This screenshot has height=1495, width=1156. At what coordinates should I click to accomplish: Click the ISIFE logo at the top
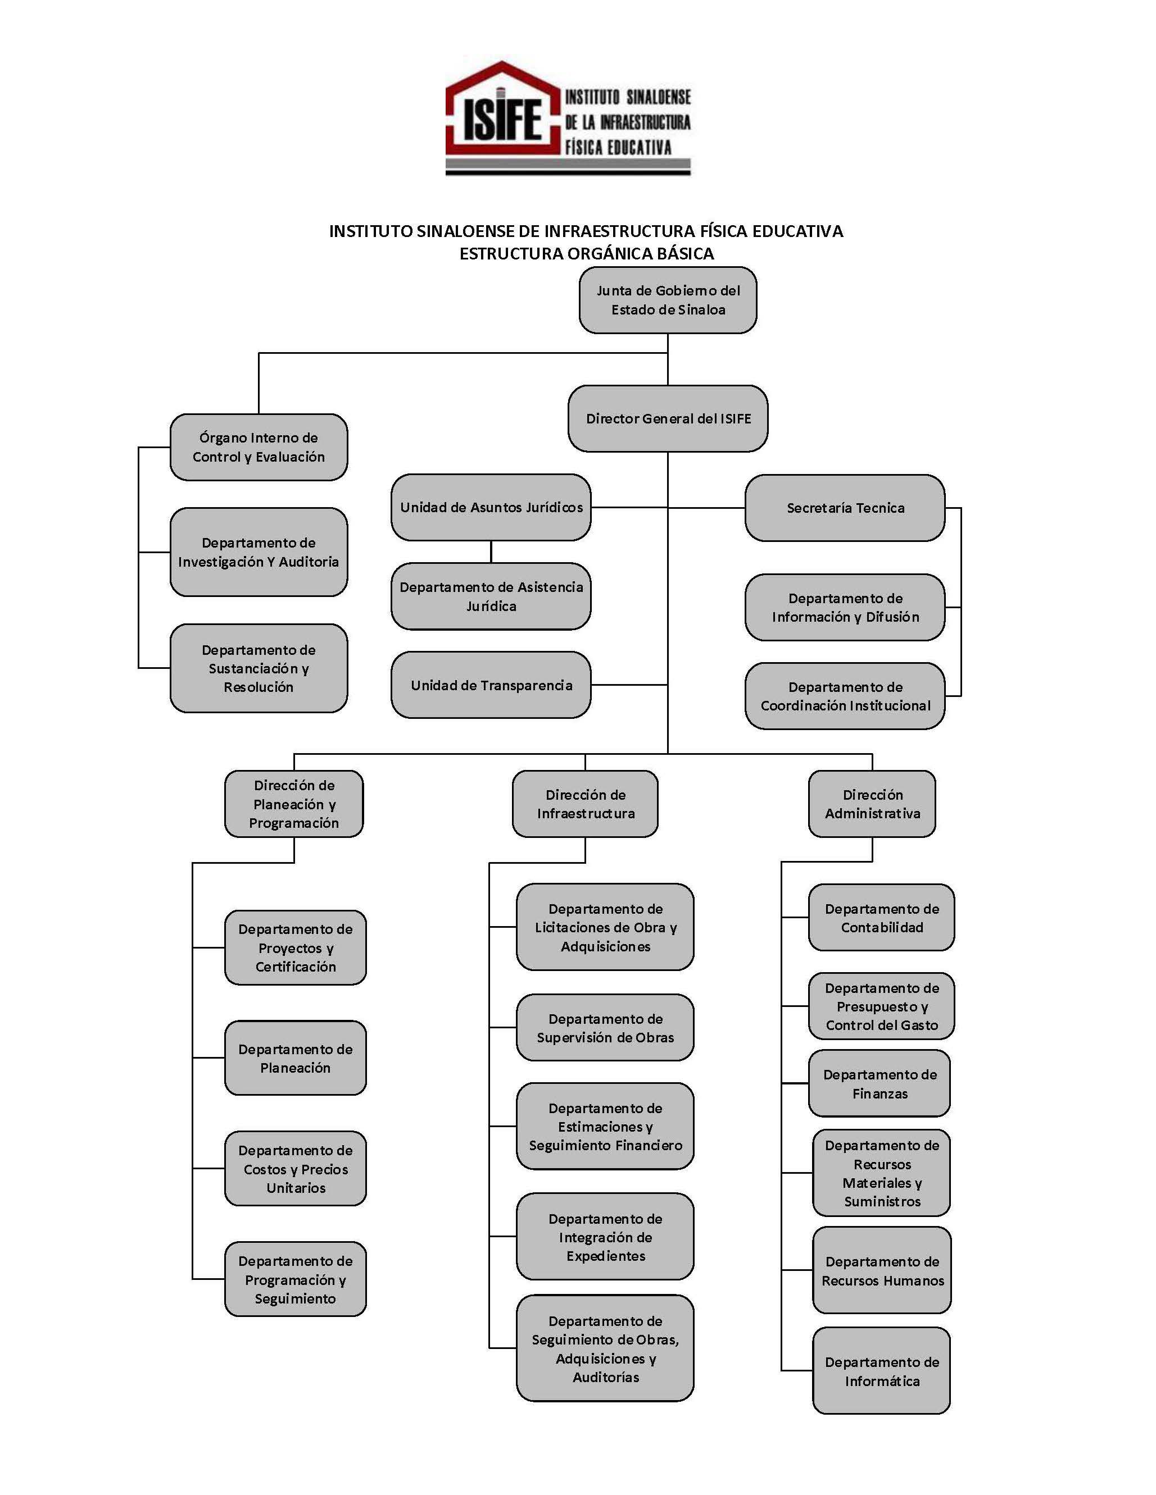pos(568,118)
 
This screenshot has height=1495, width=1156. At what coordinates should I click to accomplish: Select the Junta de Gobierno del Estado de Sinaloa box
pos(668,300)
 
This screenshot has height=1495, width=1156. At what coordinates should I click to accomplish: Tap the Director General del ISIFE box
pos(668,418)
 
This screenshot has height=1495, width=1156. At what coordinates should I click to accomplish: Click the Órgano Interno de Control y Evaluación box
pos(259,447)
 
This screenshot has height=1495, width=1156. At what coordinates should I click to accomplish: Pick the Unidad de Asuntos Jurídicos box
pos(491,507)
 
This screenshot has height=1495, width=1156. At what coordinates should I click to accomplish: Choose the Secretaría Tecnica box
pos(845,508)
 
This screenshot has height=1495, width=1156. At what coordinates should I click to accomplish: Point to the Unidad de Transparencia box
pos(491,685)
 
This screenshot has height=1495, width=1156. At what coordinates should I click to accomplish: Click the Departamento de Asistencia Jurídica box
pos(491,596)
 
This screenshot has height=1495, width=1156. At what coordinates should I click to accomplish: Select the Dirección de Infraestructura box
pos(586,804)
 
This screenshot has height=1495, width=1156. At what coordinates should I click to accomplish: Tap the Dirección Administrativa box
pos(872,804)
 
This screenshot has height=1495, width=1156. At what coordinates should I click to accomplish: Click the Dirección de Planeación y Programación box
pos(294,804)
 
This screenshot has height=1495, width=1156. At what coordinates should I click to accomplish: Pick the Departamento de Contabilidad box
pos(881,917)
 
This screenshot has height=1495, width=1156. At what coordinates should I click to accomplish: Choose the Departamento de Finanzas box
pos(880,1083)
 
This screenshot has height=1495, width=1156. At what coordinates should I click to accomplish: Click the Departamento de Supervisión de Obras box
pos(605,1028)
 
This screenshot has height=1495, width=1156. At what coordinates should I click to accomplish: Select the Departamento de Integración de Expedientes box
pos(605,1236)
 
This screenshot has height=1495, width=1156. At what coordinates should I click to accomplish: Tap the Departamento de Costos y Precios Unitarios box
pos(295,1169)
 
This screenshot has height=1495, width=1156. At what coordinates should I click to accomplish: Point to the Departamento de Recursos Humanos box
pos(882,1270)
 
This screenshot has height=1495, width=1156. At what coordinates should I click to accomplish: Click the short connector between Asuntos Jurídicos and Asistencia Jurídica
pos(491,551)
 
